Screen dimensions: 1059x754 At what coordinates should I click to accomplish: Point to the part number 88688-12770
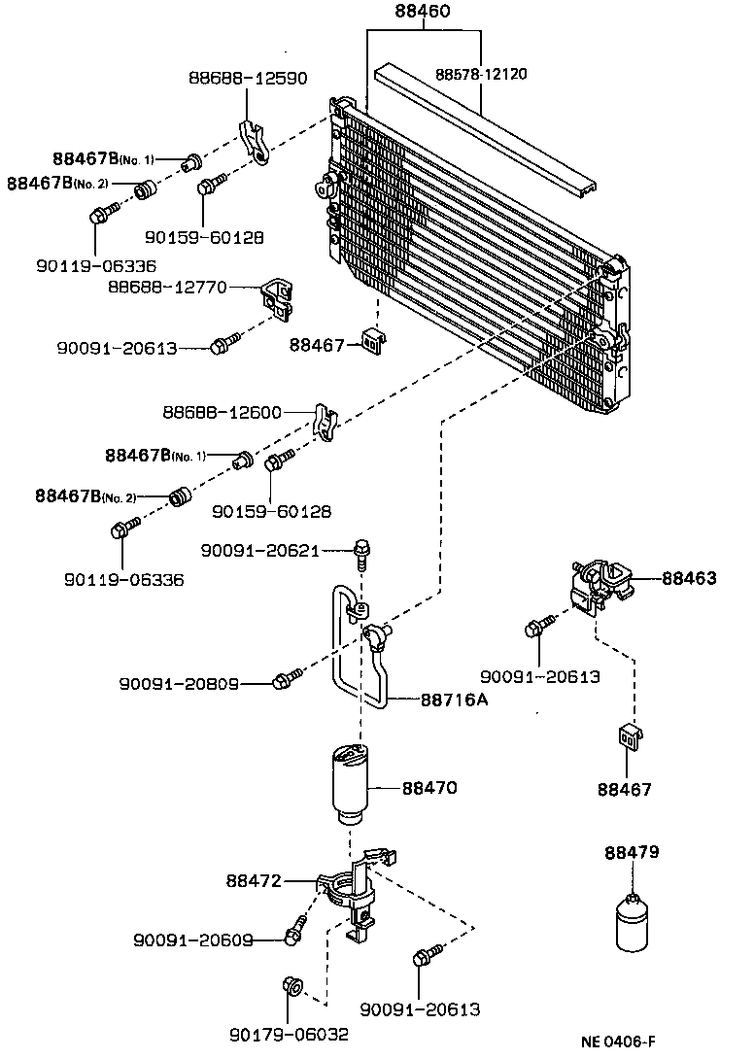pyautogui.click(x=167, y=288)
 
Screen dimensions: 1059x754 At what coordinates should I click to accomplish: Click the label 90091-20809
pyautogui.click(x=180, y=684)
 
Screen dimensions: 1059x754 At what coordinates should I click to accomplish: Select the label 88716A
pyautogui.click(x=454, y=699)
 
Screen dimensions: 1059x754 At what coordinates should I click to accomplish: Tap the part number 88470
pyautogui.click(x=429, y=788)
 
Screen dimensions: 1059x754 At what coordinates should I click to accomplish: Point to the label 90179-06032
pyautogui.click(x=289, y=1034)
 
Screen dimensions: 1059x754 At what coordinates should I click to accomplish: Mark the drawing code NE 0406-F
pyautogui.click(x=625, y=1041)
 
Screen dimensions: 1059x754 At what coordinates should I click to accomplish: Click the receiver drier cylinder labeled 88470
pyautogui.click(x=352, y=783)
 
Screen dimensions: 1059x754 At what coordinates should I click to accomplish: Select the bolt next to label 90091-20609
pyautogui.click(x=292, y=934)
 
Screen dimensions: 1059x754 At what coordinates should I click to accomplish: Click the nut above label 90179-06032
pyautogui.click(x=291, y=986)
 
